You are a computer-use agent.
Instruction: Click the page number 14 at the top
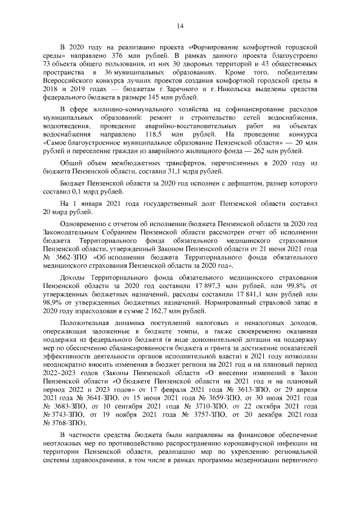[181, 25]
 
